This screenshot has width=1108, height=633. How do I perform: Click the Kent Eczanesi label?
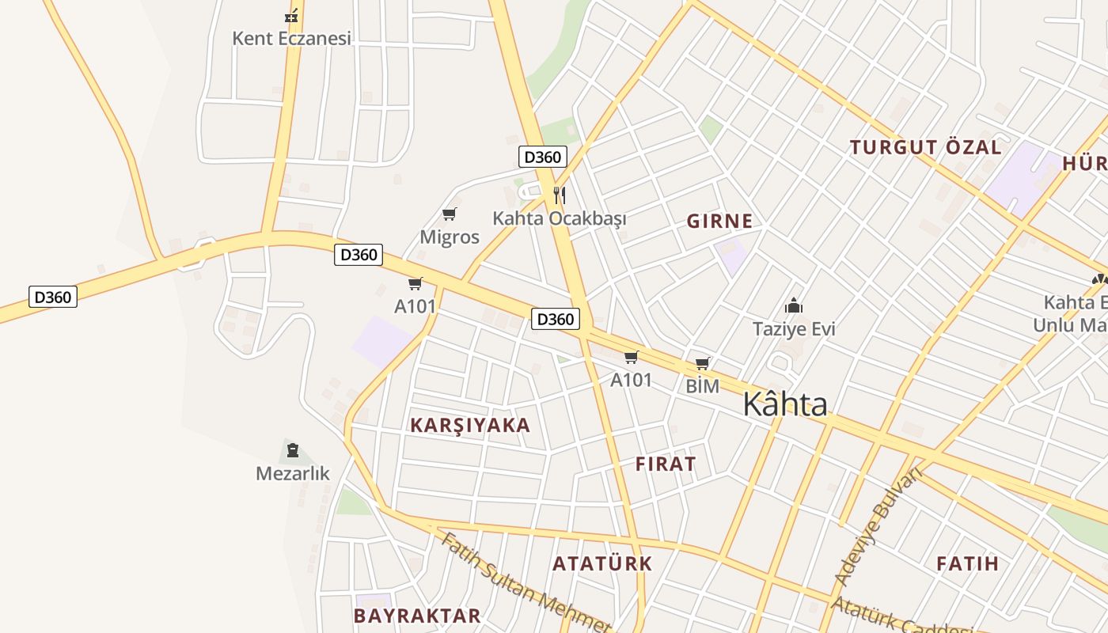(x=291, y=38)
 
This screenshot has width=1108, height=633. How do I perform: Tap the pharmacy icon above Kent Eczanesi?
(x=292, y=15)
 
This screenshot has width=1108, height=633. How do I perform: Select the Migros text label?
(x=450, y=237)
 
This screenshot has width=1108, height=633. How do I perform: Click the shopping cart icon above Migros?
(x=450, y=214)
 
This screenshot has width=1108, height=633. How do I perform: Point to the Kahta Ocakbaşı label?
(x=559, y=218)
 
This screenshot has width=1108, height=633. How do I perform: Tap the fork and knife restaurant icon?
(x=559, y=195)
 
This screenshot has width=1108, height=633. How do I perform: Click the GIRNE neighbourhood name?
(x=719, y=221)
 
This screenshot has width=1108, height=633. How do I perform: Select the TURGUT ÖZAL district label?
(x=925, y=147)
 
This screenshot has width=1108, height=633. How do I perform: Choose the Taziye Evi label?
(x=794, y=328)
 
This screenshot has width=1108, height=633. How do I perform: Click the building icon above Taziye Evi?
(x=794, y=305)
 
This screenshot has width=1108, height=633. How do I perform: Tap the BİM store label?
(x=702, y=386)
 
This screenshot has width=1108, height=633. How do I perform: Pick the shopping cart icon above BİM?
(x=702, y=364)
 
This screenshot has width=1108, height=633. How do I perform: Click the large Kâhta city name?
(x=785, y=404)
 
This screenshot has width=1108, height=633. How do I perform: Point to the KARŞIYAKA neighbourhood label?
(x=470, y=425)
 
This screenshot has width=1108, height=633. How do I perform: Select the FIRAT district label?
(x=666, y=464)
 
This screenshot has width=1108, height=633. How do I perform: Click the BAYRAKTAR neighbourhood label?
(x=417, y=616)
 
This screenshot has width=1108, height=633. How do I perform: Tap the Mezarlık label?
(x=293, y=473)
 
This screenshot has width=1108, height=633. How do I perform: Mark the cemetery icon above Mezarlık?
(x=293, y=451)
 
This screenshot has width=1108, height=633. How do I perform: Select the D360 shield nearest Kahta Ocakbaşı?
(x=542, y=157)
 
